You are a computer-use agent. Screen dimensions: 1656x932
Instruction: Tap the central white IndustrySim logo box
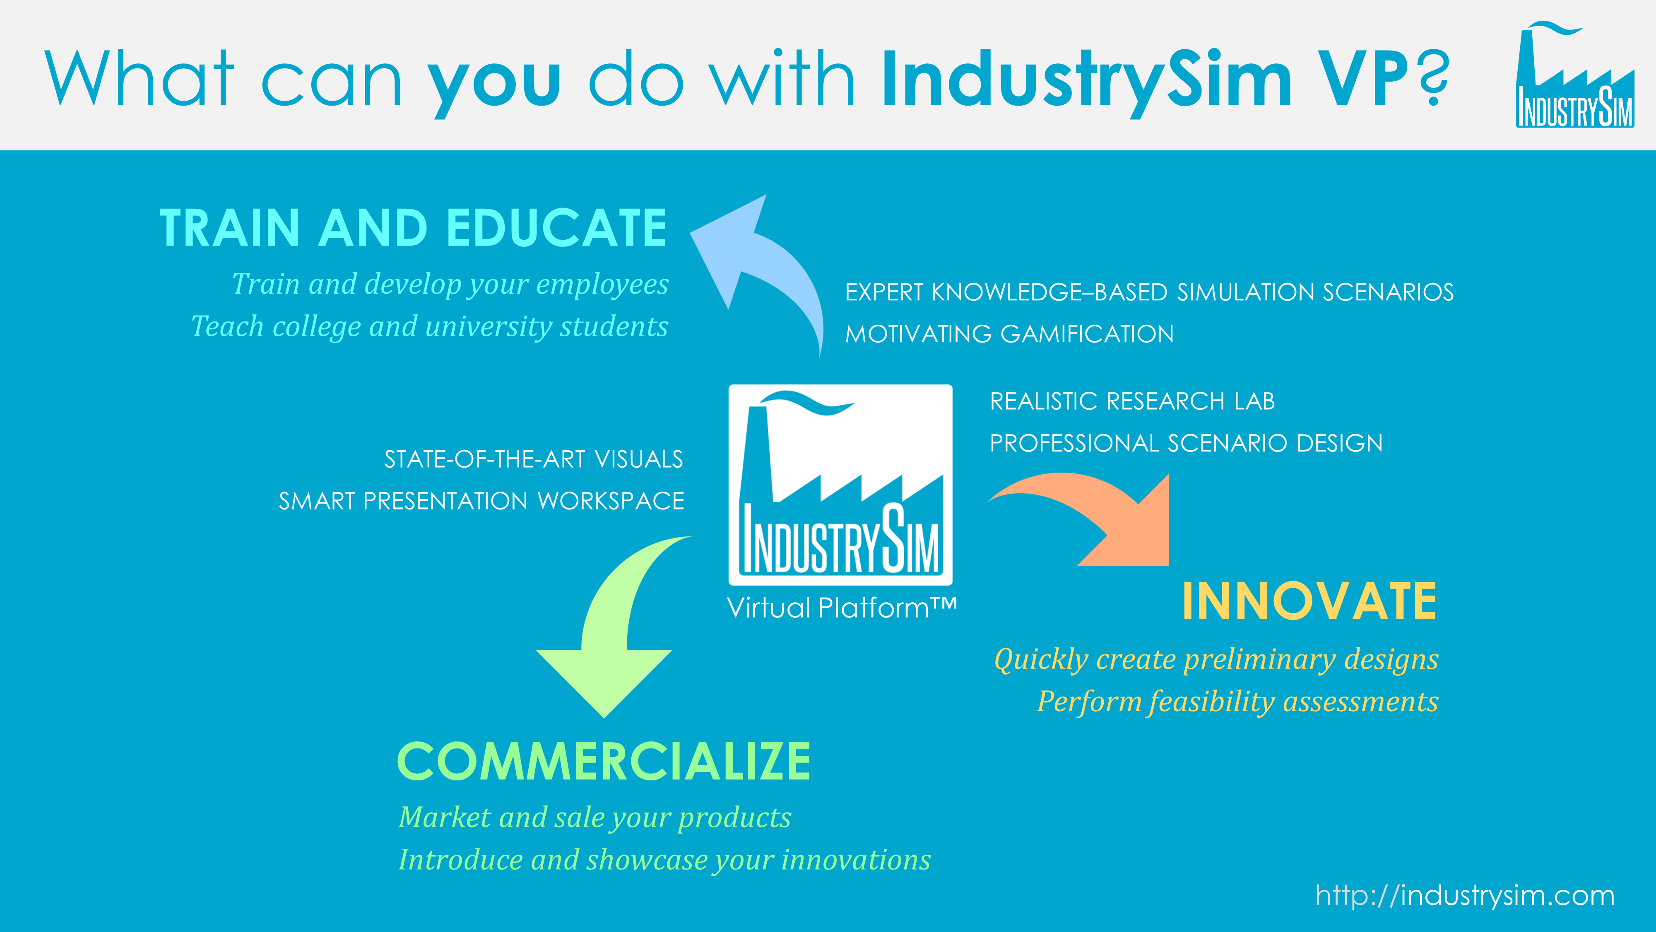tap(840, 484)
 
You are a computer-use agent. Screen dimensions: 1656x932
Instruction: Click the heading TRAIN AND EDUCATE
tap(413, 228)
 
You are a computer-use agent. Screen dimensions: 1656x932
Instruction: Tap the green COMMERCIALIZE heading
tap(604, 761)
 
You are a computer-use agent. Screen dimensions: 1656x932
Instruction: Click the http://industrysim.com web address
tap(1465, 895)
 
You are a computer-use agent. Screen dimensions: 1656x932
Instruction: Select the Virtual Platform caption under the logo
tap(842, 608)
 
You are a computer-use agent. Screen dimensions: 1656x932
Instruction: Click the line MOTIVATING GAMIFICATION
tap(1009, 334)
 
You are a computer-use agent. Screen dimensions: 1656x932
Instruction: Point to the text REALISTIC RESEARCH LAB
tap(1132, 401)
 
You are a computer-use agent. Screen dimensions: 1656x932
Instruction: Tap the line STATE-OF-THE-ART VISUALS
tap(534, 459)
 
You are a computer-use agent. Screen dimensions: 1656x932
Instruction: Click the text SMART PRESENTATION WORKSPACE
tap(481, 501)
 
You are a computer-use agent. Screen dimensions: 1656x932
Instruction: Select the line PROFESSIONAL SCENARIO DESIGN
tap(1186, 443)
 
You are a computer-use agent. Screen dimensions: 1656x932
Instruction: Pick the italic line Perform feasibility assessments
tap(1237, 702)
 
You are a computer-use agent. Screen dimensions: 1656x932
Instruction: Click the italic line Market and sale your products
tap(595, 818)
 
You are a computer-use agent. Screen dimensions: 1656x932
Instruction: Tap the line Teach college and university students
tap(429, 327)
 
